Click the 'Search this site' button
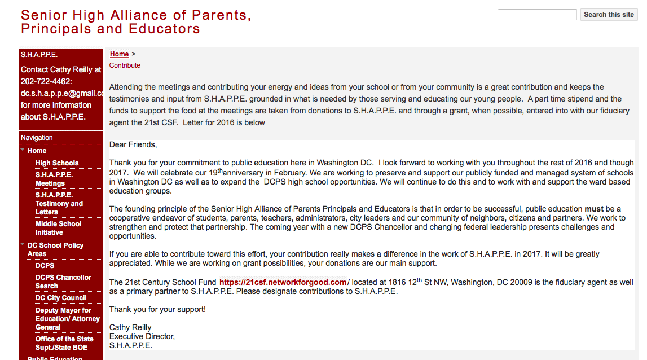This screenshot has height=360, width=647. [609, 15]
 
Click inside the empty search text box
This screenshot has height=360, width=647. [536, 15]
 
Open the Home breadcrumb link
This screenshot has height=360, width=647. [120, 54]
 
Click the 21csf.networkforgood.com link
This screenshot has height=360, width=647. [283, 282]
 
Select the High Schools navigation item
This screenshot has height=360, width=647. [57, 163]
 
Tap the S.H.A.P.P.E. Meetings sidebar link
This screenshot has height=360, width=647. [54, 179]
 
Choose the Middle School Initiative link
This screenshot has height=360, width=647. [59, 228]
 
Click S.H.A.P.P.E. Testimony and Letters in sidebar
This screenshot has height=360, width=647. [59, 204]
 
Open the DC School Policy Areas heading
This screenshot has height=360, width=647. [55, 249]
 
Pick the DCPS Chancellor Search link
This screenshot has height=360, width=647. [63, 282]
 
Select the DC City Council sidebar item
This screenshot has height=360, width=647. [61, 298]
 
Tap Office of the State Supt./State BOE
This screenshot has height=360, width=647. [64, 343]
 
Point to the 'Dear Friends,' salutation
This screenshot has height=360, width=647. [133, 145]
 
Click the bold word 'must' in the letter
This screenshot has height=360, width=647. [594, 209]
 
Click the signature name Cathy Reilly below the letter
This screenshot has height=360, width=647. [130, 327]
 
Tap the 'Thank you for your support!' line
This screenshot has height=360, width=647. [157, 309]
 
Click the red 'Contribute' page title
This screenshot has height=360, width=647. [125, 65]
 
